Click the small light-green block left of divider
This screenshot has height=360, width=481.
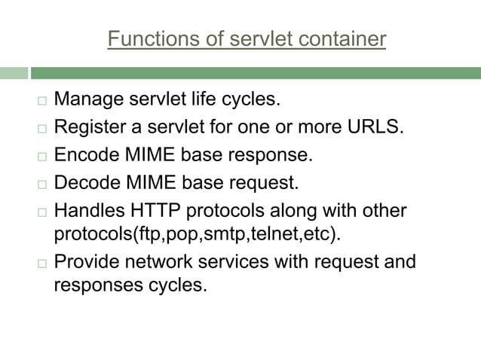[14, 73]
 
